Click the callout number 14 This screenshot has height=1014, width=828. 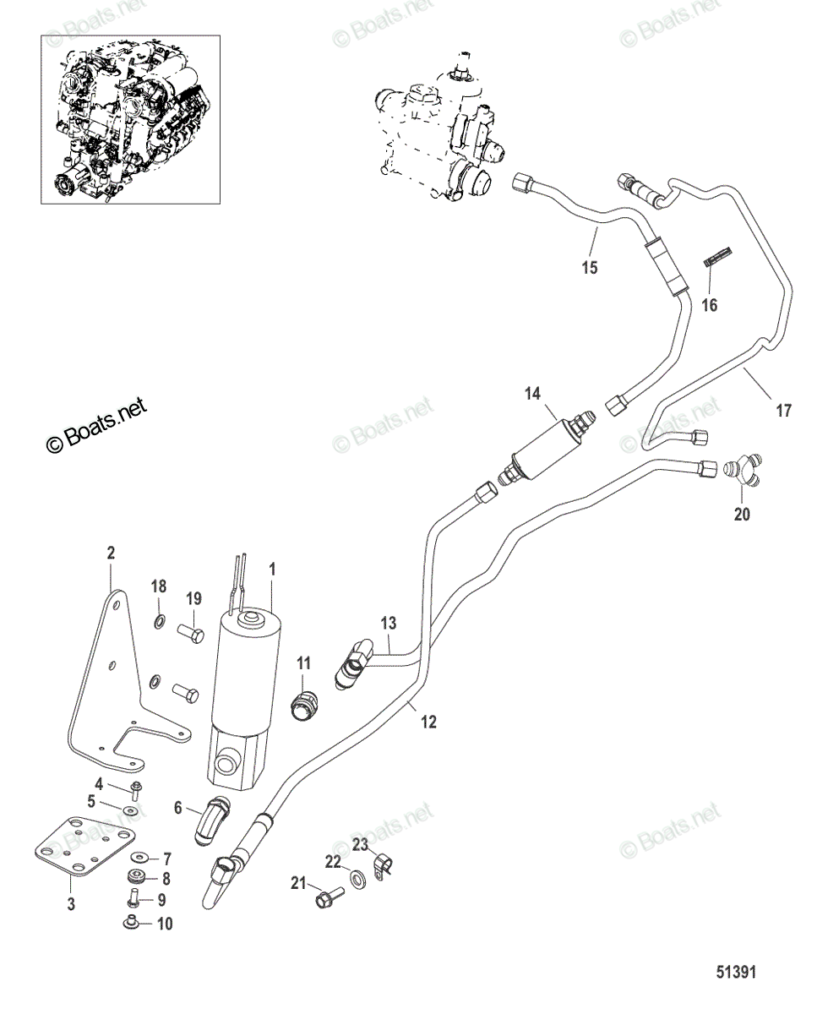(533, 394)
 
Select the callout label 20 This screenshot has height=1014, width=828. (742, 515)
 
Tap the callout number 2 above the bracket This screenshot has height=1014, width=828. (111, 553)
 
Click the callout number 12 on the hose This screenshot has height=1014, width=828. (428, 735)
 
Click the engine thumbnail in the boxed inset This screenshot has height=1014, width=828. (130, 119)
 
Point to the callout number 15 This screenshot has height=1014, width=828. (590, 267)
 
